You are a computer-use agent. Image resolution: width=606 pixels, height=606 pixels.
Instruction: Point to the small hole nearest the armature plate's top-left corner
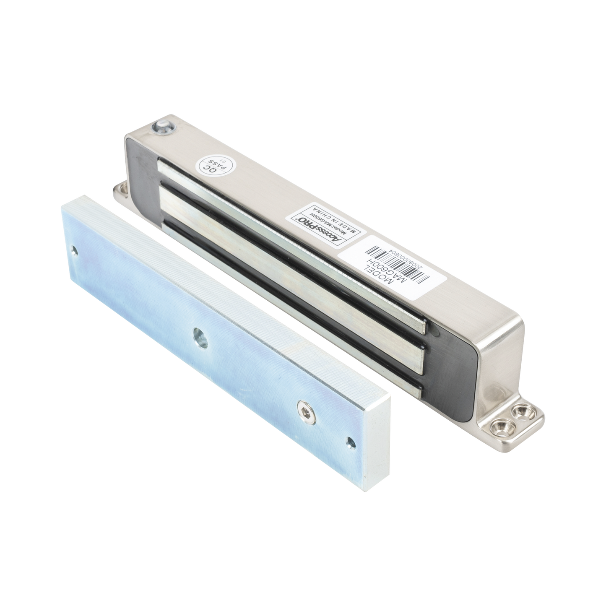75,251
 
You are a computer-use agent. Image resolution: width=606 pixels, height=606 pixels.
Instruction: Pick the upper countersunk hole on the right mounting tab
521,410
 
